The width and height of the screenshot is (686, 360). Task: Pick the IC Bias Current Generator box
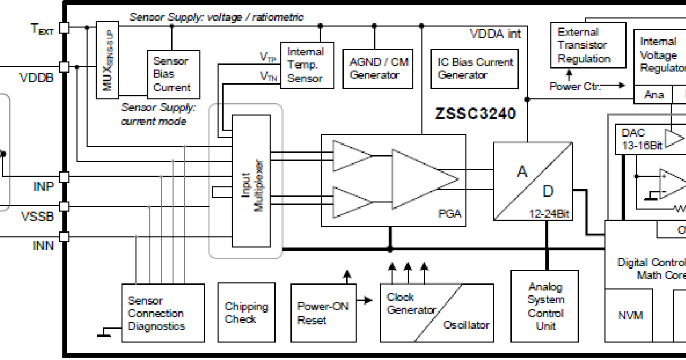(475, 68)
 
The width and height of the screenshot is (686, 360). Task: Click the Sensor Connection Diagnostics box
(163, 313)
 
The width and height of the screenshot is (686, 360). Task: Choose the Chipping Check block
(246, 313)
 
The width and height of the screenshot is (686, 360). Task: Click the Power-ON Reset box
(322, 313)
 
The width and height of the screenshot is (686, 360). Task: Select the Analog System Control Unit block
(545, 306)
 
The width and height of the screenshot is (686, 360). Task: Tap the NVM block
(630, 315)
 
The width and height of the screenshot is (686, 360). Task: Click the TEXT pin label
(42, 28)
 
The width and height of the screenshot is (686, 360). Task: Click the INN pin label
(43, 245)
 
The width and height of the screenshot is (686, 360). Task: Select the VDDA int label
(495, 34)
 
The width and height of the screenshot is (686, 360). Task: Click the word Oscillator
(466, 325)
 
